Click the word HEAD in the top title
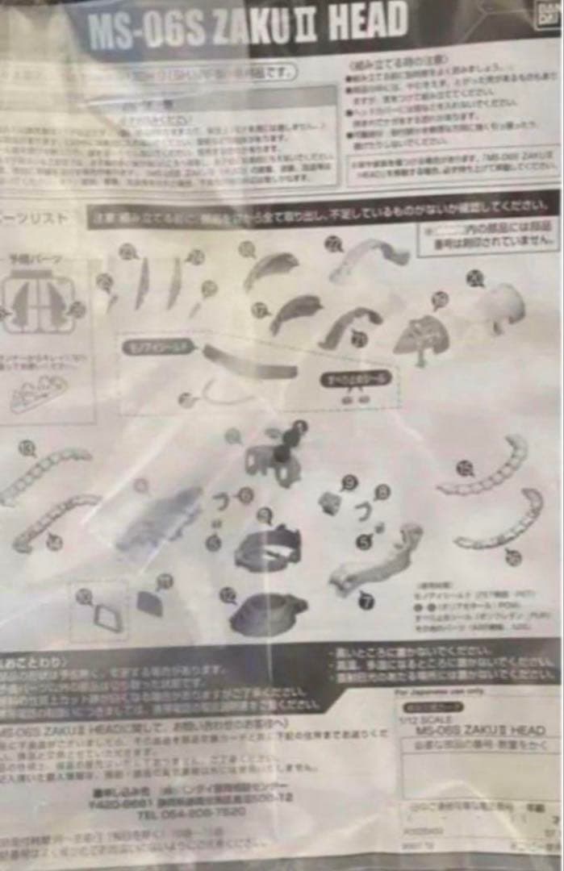pos(366,24)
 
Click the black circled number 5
pos(364,541)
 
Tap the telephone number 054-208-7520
pos(190,812)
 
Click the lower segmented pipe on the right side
pos(500,520)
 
